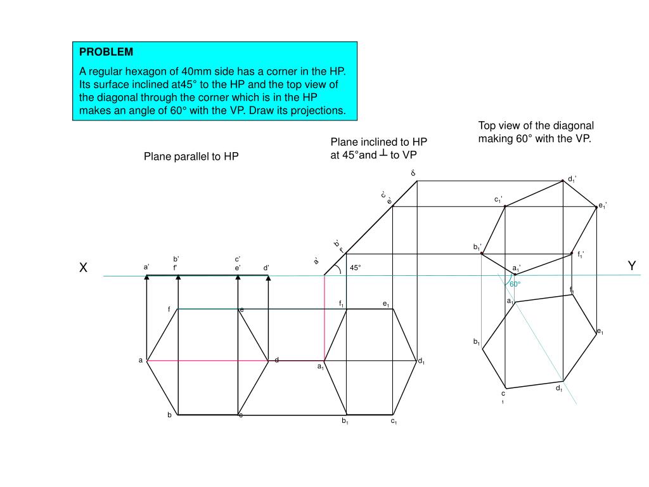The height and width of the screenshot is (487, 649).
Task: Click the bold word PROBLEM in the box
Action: pyautogui.click(x=106, y=51)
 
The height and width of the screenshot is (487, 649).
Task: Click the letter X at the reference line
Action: pyautogui.click(x=82, y=268)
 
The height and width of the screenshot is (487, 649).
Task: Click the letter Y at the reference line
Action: pyautogui.click(x=631, y=266)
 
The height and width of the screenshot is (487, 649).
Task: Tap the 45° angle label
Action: pyautogui.click(x=355, y=268)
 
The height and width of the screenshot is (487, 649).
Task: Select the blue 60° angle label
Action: pyautogui.click(x=515, y=284)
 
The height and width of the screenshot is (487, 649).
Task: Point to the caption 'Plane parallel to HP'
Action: pyautogui.click(x=191, y=156)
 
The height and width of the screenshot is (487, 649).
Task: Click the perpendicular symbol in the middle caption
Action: pyautogui.click(x=383, y=154)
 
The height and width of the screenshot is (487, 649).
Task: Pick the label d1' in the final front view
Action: pyautogui.click(x=572, y=179)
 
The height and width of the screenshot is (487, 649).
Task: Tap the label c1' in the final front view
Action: pyautogui.click(x=499, y=200)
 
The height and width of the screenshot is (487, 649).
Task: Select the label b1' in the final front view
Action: pyautogui.click(x=477, y=247)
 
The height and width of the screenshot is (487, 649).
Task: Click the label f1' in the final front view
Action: pyautogui.click(x=581, y=255)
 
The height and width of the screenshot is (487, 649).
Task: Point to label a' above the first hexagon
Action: pyautogui.click(x=146, y=267)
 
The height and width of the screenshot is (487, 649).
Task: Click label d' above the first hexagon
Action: pyautogui.click(x=267, y=268)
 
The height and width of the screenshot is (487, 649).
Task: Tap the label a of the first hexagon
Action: pyautogui.click(x=141, y=360)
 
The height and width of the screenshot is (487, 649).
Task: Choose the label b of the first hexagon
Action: pyautogui.click(x=169, y=415)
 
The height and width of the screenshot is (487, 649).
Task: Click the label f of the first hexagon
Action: pyautogui.click(x=169, y=309)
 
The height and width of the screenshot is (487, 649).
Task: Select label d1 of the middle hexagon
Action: pyautogui.click(x=421, y=361)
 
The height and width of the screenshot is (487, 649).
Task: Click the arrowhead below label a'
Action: pyautogui.click(x=146, y=277)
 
